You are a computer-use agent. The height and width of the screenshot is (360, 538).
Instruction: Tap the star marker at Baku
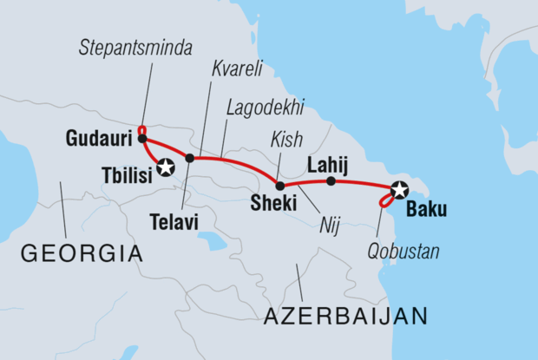pyautogui.click(x=398, y=188)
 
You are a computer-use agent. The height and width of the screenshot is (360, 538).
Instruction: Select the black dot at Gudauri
pyautogui.click(x=141, y=138)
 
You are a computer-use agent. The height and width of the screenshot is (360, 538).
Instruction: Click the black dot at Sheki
pyautogui.click(x=279, y=186)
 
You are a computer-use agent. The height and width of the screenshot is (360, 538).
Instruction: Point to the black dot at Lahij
pyautogui.click(x=331, y=181)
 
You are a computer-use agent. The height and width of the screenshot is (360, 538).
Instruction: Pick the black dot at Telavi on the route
pyautogui.click(x=190, y=158)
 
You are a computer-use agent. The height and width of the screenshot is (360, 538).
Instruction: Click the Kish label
pyautogui.click(x=286, y=138)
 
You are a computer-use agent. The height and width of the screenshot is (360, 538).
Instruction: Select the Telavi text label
pyautogui.click(x=174, y=223)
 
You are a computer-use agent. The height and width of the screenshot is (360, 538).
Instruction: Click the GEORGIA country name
pyautogui.click(x=81, y=254)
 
